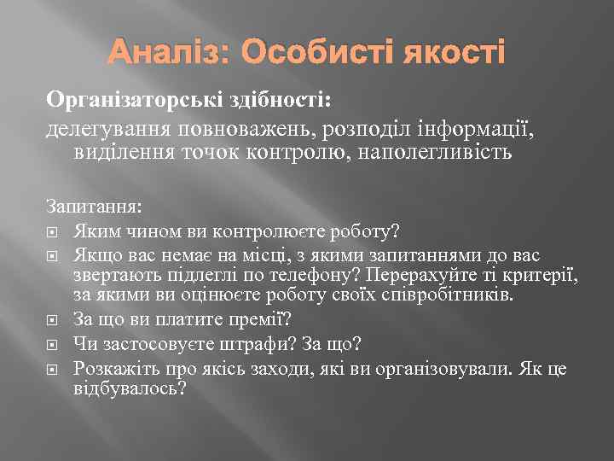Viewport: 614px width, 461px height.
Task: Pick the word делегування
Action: (x=108, y=130)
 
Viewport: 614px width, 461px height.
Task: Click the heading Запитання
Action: (x=95, y=209)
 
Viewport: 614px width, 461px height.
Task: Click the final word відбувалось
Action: (x=130, y=388)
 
